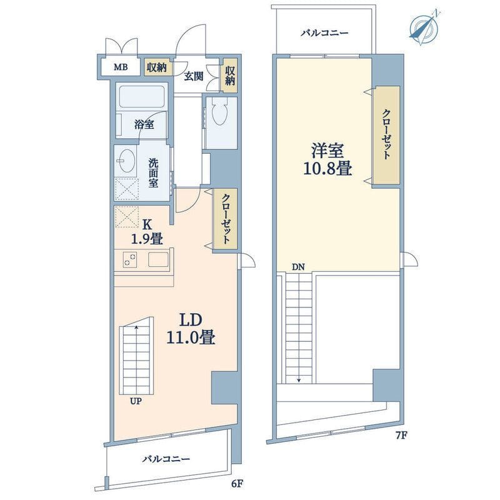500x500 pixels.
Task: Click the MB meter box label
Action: (121, 67)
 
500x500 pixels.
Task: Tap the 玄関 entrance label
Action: (194, 76)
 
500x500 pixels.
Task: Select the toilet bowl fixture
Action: (220, 113)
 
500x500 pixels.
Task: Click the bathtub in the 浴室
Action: (142, 96)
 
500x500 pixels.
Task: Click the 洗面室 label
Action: (153, 173)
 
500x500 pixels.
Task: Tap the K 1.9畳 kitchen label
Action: (147, 231)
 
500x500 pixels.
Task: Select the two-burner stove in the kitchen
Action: (130, 259)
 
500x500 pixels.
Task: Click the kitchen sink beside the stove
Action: (158, 259)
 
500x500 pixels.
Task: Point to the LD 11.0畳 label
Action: (191, 329)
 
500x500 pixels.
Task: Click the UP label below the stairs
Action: (136, 401)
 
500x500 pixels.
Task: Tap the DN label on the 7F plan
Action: (299, 267)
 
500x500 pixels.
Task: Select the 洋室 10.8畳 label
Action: (327, 159)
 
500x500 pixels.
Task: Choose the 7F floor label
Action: (402, 435)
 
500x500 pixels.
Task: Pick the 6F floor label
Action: (237, 484)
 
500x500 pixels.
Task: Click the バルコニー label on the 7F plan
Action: (324, 33)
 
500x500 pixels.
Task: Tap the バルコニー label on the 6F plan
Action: (166, 459)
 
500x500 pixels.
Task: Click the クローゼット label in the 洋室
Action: (386, 134)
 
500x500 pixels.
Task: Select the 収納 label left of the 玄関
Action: (157, 67)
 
